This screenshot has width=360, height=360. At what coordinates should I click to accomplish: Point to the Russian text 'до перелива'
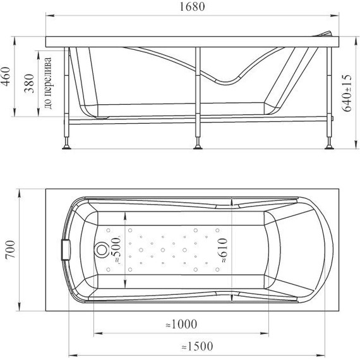[49, 83]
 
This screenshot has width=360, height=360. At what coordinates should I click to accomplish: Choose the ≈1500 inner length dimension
[196, 346]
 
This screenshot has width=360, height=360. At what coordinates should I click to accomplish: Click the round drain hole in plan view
[100, 250]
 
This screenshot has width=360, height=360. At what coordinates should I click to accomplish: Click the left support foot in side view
[66, 147]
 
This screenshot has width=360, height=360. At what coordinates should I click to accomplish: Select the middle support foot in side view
[198, 147]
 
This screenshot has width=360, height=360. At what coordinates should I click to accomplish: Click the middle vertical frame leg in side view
[198, 95]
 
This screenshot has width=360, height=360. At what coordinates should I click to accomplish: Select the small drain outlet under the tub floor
[103, 116]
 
